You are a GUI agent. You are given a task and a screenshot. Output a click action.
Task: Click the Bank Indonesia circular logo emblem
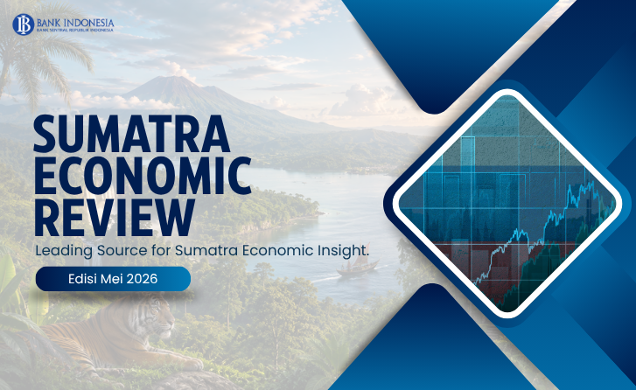point(23,24)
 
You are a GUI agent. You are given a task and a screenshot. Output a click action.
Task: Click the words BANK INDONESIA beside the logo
point(75,22)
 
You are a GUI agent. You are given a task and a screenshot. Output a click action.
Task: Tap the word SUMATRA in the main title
point(132,134)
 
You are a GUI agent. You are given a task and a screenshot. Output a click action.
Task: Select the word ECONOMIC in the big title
point(143,177)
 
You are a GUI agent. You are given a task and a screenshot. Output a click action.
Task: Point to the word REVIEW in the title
point(115,218)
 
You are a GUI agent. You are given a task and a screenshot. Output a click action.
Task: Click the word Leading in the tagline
point(64,251)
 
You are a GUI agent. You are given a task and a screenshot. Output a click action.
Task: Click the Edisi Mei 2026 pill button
point(113,279)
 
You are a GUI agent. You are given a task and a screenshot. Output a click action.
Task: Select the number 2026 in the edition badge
point(142,279)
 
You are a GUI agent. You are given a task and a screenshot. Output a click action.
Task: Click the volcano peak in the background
point(164,80)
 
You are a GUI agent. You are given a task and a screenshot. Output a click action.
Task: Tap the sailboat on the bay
point(357,268)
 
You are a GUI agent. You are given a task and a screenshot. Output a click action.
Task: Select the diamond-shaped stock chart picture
point(507,204)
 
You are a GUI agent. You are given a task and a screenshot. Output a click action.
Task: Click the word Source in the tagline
point(122,251)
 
